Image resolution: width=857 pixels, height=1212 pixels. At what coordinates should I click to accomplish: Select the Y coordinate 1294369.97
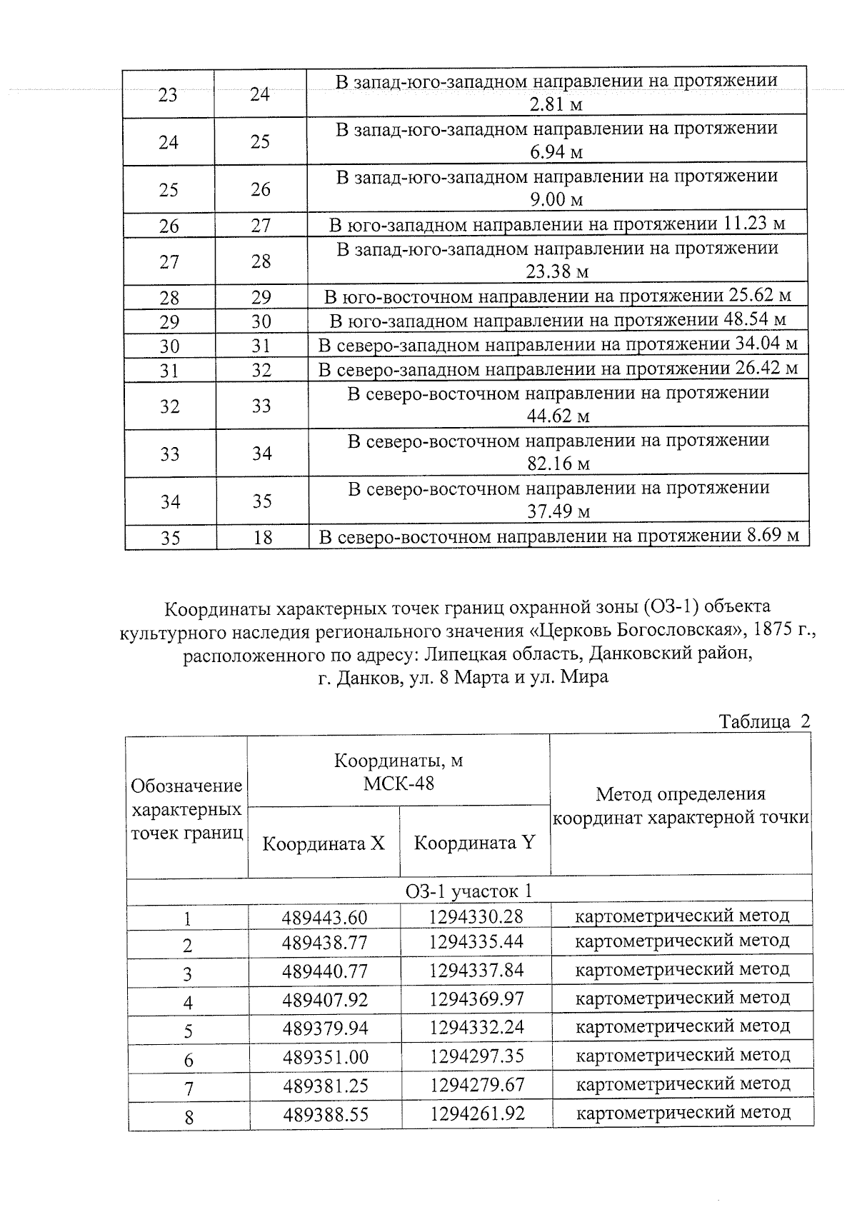click(x=476, y=998)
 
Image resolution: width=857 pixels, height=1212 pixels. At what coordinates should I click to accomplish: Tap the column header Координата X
click(x=324, y=843)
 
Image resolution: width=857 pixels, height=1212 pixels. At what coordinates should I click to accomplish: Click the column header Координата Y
click(x=474, y=843)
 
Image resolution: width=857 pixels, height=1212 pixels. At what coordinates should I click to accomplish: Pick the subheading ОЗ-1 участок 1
click(x=468, y=891)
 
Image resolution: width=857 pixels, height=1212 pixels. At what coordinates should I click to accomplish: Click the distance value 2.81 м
click(x=556, y=105)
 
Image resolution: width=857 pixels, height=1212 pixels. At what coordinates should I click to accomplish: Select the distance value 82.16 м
click(x=558, y=464)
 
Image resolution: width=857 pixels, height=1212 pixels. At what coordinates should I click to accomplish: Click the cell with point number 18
click(x=262, y=537)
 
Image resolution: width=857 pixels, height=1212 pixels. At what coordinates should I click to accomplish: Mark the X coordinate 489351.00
click(x=325, y=1057)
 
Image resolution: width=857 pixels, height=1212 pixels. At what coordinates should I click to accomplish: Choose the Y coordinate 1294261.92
click(x=477, y=1113)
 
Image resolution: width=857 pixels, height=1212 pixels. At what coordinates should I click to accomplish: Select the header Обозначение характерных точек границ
click(x=187, y=809)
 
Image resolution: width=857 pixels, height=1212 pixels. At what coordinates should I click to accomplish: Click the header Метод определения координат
click(x=681, y=805)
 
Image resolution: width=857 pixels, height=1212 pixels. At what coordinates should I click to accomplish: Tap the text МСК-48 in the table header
click(x=399, y=783)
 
